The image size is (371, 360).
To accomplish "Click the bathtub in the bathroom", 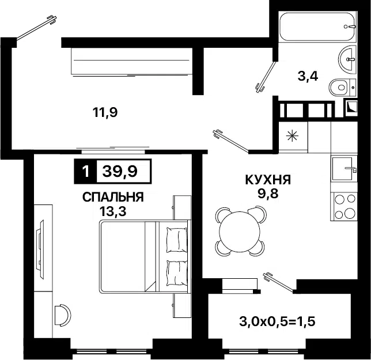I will tap(315, 26).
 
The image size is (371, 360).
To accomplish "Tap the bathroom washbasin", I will tap(348, 57).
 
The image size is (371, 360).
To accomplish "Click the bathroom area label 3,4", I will tap(307, 77).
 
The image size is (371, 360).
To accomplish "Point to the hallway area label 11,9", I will tap(105, 112).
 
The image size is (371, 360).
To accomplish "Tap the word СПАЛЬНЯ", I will tap(113, 198).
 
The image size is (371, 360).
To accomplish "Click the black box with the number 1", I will tap(86, 171).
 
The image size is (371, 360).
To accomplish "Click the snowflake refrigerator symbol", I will tap(293, 137).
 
